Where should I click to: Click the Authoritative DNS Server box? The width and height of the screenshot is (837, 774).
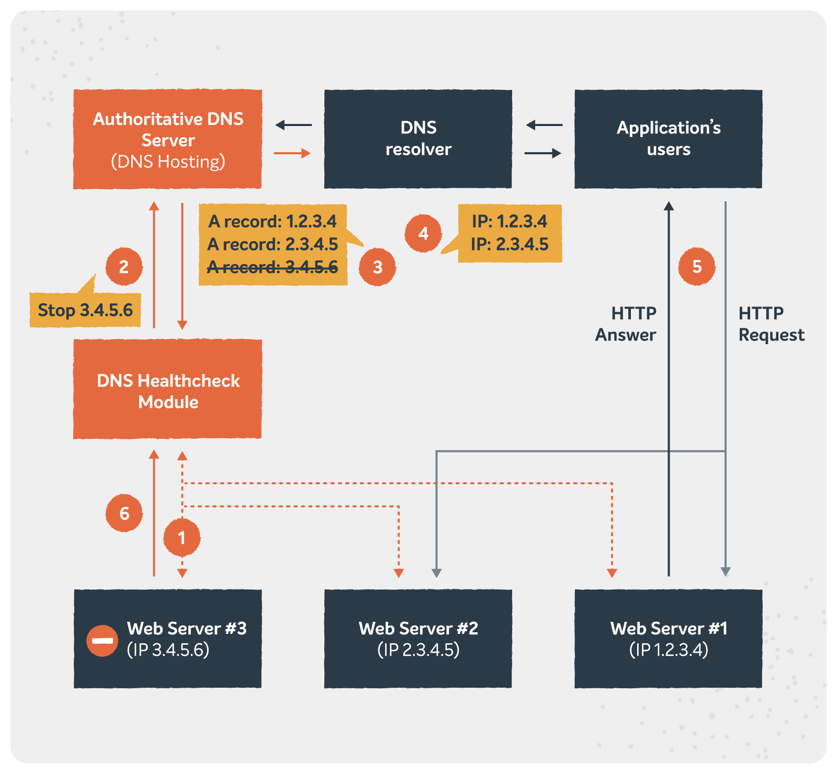point(167,139)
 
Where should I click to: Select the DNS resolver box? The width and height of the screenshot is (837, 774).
point(418,139)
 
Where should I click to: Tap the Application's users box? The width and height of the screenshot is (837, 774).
point(668,139)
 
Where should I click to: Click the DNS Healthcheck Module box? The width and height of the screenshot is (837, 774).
point(167,389)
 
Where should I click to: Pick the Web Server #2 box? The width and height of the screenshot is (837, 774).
point(418,639)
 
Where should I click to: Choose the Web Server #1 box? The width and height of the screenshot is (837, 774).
point(668,639)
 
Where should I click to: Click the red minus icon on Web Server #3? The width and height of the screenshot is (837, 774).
point(103,640)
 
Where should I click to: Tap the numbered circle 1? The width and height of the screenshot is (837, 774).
point(182,538)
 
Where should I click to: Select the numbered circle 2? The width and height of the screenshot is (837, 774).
point(124,267)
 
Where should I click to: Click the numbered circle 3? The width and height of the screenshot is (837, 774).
point(377,267)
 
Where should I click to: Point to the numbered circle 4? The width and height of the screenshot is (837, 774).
point(423,233)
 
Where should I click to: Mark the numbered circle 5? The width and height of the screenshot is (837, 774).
point(697,267)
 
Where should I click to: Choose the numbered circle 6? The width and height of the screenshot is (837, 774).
point(124,513)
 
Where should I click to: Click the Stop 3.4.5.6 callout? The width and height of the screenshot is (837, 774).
point(85,310)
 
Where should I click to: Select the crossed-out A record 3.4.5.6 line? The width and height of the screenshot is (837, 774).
point(273,267)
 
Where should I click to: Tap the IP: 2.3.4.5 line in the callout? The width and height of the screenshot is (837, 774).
point(510,244)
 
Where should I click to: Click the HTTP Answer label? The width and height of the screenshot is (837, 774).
point(626,324)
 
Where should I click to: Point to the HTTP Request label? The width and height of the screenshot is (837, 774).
point(771,324)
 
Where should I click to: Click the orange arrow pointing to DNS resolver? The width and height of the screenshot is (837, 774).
point(292,153)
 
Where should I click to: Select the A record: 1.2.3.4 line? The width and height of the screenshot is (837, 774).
point(273,222)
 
